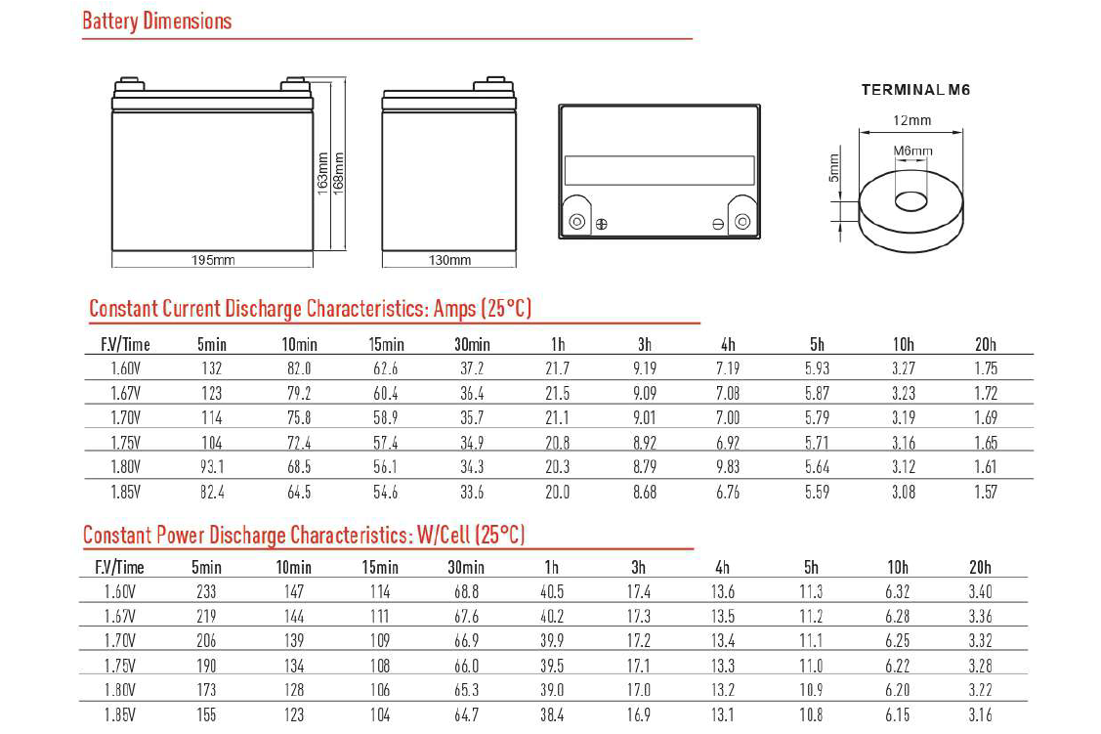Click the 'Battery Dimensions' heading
click(x=157, y=21)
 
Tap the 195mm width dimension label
click(x=212, y=260)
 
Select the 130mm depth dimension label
click(x=449, y=260)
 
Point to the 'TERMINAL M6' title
click(x=915, y=90)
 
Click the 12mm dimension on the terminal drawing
click(x=911, y=120)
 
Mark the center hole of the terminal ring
click(x=910, y=201)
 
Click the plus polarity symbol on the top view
click(x=601, y=224)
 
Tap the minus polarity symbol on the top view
click(x=718, y=224)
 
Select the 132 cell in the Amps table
click(x=211, y=368)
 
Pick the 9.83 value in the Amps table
click(x=728, y=467)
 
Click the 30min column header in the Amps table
click(x=472, y=344)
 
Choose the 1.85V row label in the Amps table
click(x=126, y=493)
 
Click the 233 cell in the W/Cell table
click(x=206, y=591)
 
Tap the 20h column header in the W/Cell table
click(x=980, y=567)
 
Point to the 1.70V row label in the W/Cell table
click(x=120, y=641)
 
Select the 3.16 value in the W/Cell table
click(x=980, y=715)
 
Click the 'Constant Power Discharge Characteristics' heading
click(x=304, y=535)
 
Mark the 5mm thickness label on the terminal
click(x=833, y=167)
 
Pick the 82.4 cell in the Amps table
click(x=211, y=493)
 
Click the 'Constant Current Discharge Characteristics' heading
click(x=310, y=309)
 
